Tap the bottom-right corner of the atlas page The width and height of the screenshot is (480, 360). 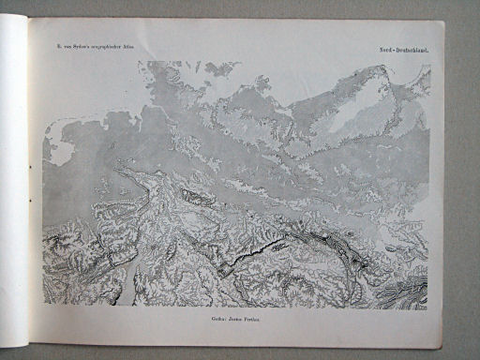click(x=442, y=346)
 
